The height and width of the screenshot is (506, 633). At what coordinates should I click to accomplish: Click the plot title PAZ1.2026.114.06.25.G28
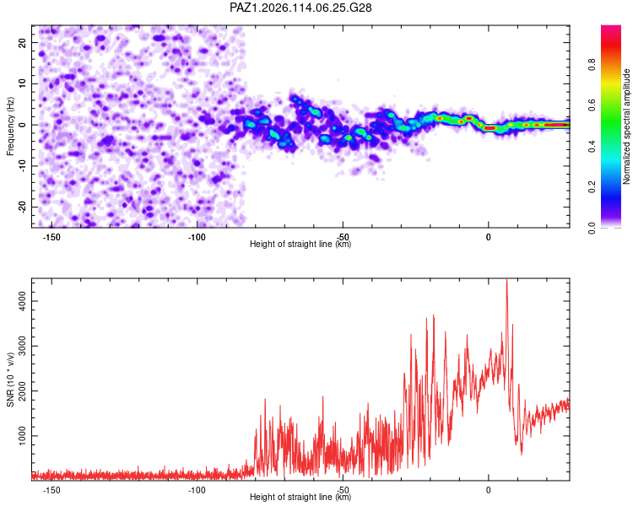[300, 8]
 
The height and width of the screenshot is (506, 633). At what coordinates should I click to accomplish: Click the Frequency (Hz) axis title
[10, 126]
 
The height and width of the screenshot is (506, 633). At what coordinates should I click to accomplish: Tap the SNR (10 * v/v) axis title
[10, 379]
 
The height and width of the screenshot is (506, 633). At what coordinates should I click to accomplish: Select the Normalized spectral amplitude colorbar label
[626, 126]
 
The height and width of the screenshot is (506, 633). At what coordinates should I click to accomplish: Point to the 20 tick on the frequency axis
[23, 42]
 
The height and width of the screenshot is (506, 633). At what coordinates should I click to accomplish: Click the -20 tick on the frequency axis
[23, 207]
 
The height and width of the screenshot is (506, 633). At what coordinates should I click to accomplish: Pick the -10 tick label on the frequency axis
[23, 166]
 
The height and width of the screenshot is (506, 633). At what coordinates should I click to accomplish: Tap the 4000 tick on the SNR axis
[23, 301]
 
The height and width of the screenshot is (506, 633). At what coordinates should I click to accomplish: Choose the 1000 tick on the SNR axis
[23, 436]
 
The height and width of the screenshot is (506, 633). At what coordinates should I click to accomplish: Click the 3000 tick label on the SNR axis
[23, 347]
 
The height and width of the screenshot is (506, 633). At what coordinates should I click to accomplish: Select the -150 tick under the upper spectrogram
[51, 237]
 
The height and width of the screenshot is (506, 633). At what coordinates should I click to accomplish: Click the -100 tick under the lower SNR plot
[197, 490]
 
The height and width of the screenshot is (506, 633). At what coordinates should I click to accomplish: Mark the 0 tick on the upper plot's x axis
[489, 237]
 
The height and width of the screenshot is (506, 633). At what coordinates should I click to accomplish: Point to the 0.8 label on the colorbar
[592, 65]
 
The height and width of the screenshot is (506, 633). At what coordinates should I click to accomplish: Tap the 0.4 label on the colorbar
[592, 147]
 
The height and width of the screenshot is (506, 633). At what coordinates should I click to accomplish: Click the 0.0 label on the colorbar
[592, 229]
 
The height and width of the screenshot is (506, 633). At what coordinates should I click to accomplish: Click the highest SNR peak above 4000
[506, 280]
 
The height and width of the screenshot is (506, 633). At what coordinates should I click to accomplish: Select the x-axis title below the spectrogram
[300, 244]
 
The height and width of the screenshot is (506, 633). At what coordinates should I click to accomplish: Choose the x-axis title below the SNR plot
[300, 497]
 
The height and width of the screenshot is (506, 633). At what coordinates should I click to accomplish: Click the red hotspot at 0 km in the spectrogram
[490, 128]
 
